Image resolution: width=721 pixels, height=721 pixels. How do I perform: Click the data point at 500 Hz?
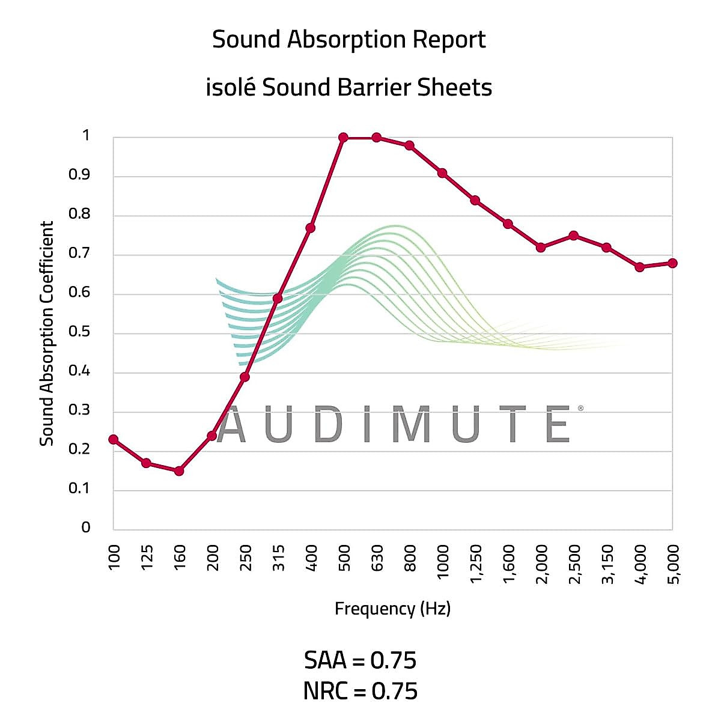(x=343, y=138)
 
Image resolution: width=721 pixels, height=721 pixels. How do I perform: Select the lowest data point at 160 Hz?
(x=179, y=471)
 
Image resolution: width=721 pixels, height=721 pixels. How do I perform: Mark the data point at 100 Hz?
(x=113, y=439)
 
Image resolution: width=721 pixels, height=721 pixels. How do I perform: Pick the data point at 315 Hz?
(x=278, y=298)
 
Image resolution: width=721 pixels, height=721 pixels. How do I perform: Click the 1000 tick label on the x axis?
(x=443, y=562)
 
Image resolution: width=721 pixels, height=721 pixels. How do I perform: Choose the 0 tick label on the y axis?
(x=86, y=527)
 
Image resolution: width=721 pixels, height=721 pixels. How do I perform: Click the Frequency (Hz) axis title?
(x=392, y=609)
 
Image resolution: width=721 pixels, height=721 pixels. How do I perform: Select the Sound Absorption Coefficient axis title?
(x=47, y=333)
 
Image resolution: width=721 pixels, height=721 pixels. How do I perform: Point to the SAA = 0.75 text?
(x=360, y=661)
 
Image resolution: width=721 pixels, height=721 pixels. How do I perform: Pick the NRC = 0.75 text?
(x=360, y=691)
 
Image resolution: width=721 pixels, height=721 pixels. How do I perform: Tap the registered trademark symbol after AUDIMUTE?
(x=580, y=409)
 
